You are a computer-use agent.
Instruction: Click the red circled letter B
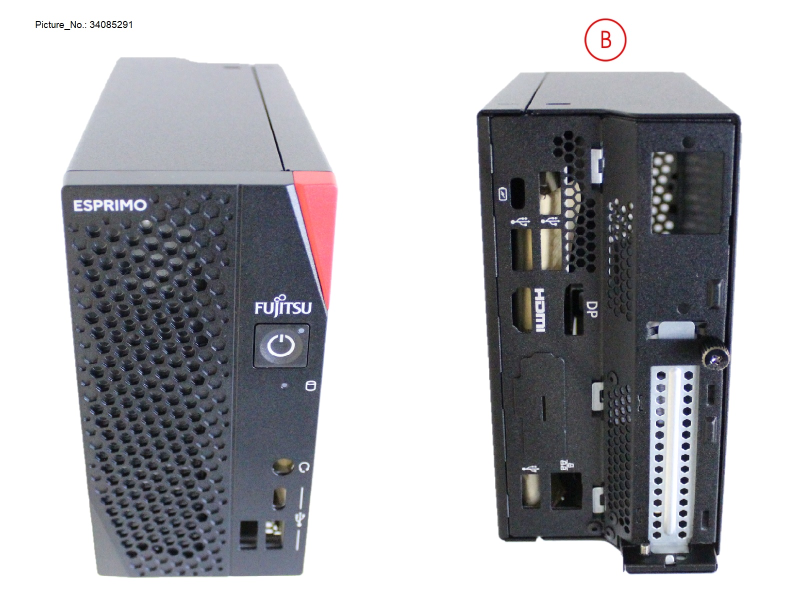pyautogui.click(x=605, y=40)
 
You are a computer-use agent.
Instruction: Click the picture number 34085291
pyautogui.click(x=111, y=24)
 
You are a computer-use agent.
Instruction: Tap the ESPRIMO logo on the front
pyautogui.click(x=110, y=205)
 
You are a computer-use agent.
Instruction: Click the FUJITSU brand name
pyautogui.click(x=283, y=307)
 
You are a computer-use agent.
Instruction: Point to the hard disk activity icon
pyautogui.click(x=310, y=385)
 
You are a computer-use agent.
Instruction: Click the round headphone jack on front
pyautogui.click(x=282, y=467)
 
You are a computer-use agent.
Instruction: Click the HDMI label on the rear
pyautogui.click(x=540, y=309)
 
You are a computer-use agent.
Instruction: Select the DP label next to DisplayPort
pyautogui.click(x=591, y=309)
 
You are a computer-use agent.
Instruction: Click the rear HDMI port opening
pyautogui.click(x=521, y=309)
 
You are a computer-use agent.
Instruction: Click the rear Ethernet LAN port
pyautogui.click(x=566, y=490)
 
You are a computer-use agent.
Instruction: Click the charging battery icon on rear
pyautogui.click(x=503, y=194)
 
